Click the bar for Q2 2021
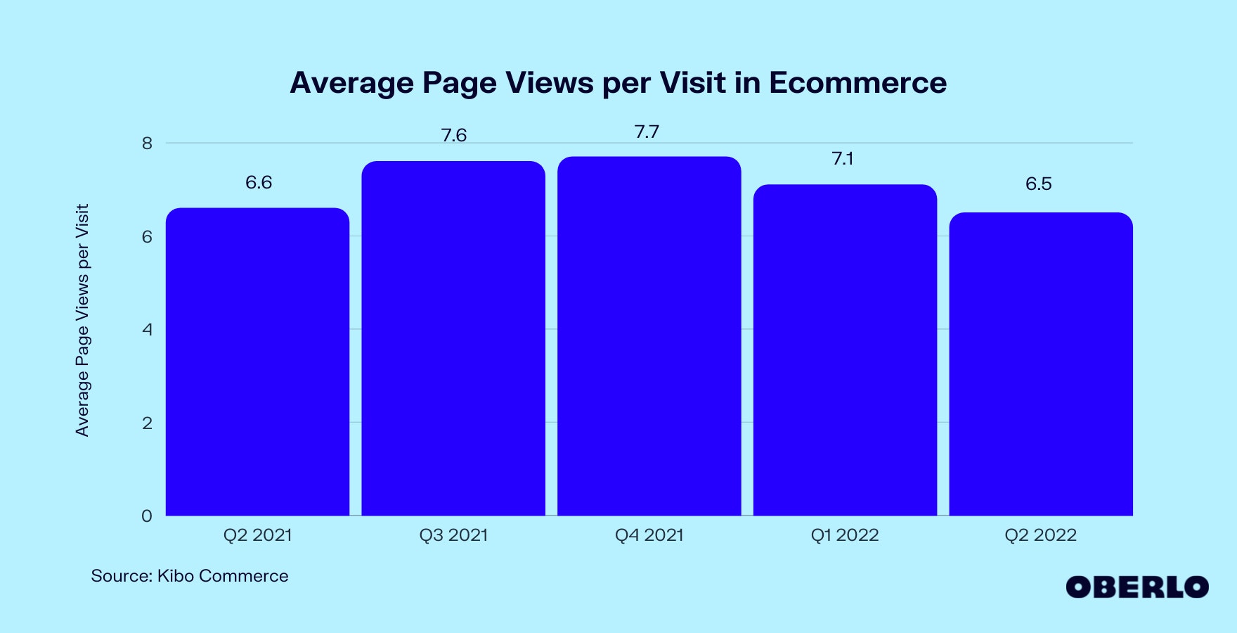[x=257, y=362]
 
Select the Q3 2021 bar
[x=453, y=338]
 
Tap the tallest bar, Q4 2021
[x=649, y=336]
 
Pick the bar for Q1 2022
[x=845, y=350]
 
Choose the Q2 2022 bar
[x=1040, y=364]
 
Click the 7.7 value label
[x=647, y=132]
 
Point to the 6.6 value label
[x=259, y=183]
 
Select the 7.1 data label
[x=843, y=159]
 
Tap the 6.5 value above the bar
[x=1038, y=184]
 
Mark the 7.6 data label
[x=454, y=135]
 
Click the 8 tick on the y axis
[x=147, y=143]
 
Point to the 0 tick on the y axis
[x=147, y=516]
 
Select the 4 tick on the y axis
[x=147, y=330]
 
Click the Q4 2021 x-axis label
[x=649, y=535]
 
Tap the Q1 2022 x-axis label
[x=845, y=535]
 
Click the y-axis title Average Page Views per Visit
[x=83, y=320]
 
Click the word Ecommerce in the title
[x=857, y=83]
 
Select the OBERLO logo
[x=1136, y=587]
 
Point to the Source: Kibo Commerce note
[x=190, y=576]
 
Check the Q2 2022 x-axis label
[x=1040, y=535]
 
